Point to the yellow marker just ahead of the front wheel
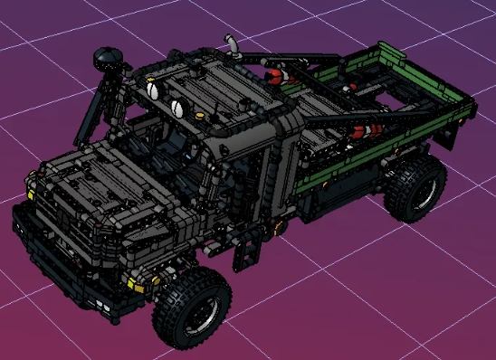pos(136,284)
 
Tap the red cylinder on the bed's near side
pos(361,132)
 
